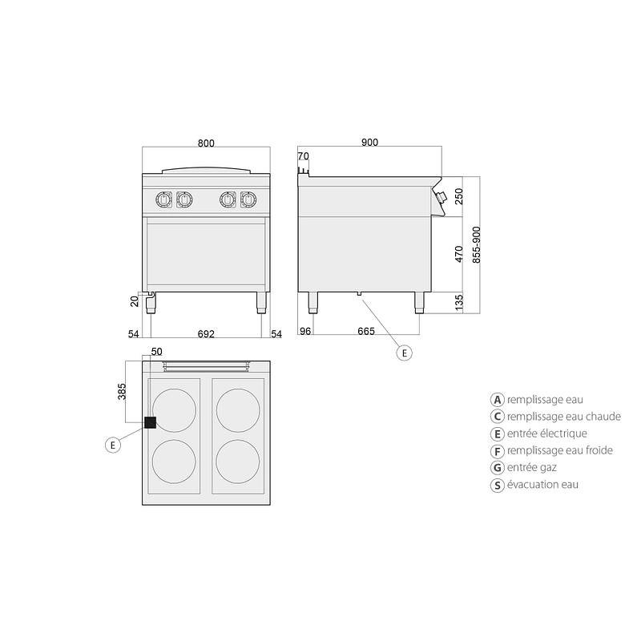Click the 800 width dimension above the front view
pos(206,143)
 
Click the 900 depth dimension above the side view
pos(369,143)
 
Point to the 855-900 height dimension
pos(477,245)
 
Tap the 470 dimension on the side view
pos(459,254)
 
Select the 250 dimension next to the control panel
pos(459,196)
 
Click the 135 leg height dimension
pos(459,303)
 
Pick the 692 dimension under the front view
pos(206,334)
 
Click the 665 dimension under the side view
pos(366,331)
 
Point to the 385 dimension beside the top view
pos(122,392)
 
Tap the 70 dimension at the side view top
pos(304,156)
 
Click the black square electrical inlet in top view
pos(151,423)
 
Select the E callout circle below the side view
pos(405,353)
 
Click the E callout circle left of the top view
pos(113,445)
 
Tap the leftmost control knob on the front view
pos(163,200)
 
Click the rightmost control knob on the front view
pos(248,200)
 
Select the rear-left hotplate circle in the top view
pos(174,410)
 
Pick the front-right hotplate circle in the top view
pos(238,462)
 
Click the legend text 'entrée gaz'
pos(532,467)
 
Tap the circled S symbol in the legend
pos(497,486)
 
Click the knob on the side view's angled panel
pos(441,197)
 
